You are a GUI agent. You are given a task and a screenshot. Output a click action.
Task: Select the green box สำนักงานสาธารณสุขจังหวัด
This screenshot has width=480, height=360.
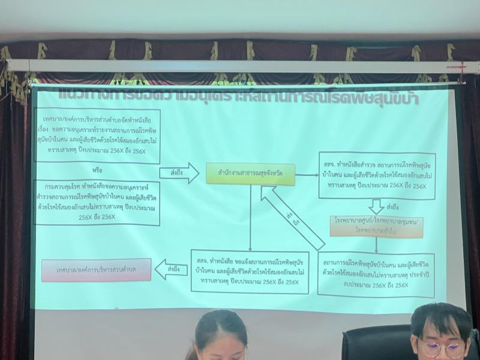tap(250, 173)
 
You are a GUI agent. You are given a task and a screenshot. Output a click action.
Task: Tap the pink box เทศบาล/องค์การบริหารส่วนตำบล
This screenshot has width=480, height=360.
tap(96, 269)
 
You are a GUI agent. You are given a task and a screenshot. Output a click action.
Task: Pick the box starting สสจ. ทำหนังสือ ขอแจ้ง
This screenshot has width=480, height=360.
tap(250, 271)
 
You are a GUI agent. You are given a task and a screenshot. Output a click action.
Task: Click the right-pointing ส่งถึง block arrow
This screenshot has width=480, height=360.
tap(178, 173)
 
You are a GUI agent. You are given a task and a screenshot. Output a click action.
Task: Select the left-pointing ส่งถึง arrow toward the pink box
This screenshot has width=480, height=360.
tap(170, 269)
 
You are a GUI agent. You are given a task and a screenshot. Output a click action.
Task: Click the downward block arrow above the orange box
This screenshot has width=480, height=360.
tap(377, 207)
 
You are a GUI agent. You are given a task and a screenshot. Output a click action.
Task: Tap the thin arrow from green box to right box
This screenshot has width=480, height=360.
tap(307, 175)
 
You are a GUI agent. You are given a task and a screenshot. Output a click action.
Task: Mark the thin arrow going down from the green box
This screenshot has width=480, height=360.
tap(250, 216)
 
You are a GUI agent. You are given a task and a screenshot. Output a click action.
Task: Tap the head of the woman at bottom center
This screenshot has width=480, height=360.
tap(220, 337)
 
